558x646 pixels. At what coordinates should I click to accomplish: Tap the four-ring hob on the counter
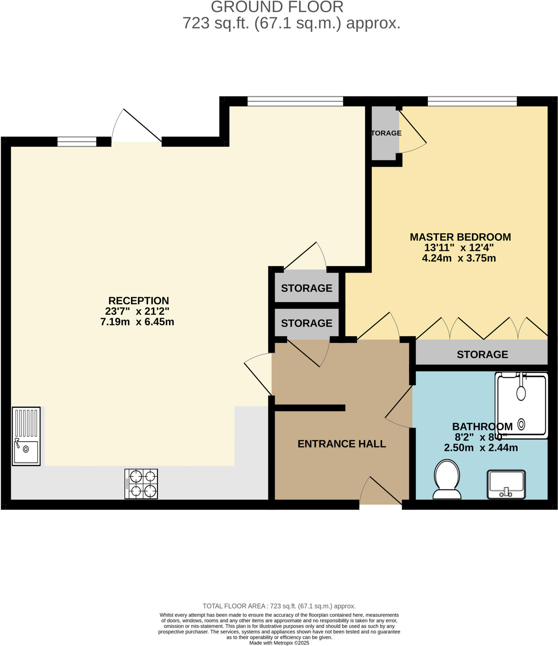click(x=141, y=484)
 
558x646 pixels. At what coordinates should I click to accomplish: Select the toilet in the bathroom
click(x=447, y=479)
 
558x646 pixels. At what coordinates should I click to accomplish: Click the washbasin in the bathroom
click(x=506, y=484)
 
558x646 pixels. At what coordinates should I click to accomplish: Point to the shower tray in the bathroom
click(x=521, y=406)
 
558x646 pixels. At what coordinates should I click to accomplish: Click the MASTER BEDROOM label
click(x=460, y=237)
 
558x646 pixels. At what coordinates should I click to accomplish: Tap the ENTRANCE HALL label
click(x=341, y=444)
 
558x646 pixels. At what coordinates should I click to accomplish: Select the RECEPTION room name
click(x=139, y=301)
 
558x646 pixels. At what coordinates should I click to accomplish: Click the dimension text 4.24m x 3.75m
click(x=459, y=258)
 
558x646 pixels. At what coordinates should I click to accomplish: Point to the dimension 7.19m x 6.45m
click(x=137, y=322)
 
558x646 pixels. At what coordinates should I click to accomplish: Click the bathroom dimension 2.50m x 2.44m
click(x=481, y=448)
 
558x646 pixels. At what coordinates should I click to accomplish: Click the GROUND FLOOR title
click(x=277, y=7)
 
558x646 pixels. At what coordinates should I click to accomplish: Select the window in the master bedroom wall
click(x=472, y=102)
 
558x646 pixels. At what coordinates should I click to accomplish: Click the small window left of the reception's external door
click(x=77, y=142)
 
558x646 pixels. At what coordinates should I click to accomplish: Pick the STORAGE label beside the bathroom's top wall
click(x=482, y=355)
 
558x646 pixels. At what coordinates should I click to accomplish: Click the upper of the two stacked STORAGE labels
click(x=306, y=288)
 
